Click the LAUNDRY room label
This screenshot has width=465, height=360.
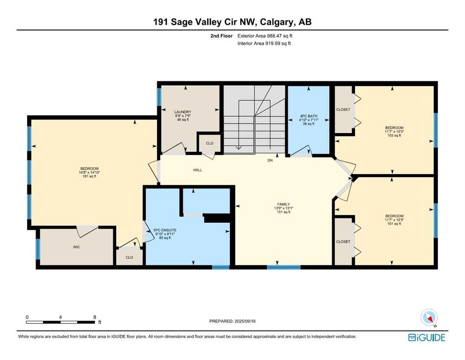pos(183,112)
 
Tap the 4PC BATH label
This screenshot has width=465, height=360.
pos(309,116)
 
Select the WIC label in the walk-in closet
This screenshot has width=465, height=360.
pos(76,247)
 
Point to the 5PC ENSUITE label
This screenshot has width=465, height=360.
pos(165,230)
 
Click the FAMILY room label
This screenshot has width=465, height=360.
pos(283,204)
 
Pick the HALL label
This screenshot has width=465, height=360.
pos(198,170)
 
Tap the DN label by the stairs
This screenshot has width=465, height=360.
pos(270,160)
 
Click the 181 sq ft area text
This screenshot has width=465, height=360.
pos(89,176)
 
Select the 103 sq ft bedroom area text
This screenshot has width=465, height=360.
pos(394,135)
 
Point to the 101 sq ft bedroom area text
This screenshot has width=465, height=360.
pos(394,224)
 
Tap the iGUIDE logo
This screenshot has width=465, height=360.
pos(427,338)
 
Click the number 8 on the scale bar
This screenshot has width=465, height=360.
pos(95,317)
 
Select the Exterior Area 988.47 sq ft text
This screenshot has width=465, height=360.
pos(265,36)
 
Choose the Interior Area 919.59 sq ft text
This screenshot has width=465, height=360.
pos(264,43)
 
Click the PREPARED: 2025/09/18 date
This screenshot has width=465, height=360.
pos(232,321)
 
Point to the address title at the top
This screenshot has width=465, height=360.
pos(232,22)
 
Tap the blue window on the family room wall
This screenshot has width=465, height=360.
pos(283,267)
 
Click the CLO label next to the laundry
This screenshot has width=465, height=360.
pos(210,143)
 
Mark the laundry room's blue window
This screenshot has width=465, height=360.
pos(159,97)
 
